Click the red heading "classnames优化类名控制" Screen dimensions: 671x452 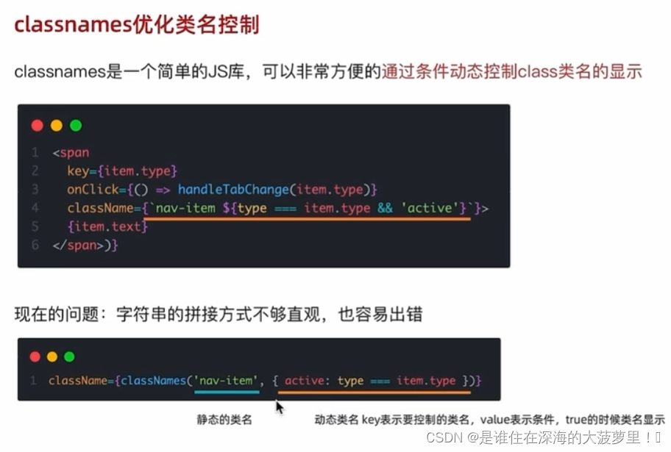pyautogui.click(x=137, y=25)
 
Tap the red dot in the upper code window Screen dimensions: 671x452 pyautogui.click(x=37, y=126)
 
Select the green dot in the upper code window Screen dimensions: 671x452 pyautogui.click(x=75, y=126)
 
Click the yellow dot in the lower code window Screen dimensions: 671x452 pyautogui.click(x=52, y=357)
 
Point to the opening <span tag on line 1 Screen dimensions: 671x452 pyautogui.click(x=71, y=153)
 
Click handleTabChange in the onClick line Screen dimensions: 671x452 pyautogui.click(x=232, y=190)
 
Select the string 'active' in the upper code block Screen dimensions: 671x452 pyautogui.click(x=430, y=208)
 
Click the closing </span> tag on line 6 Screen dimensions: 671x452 pyautogui.click(x=77, y=245)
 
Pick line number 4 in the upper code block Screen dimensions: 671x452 pyautogui.click(x=35, y=208)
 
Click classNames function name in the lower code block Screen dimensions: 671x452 pyautogui.click(x=153, y=380)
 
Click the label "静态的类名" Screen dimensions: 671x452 pyautogui.click(x=224, y=420)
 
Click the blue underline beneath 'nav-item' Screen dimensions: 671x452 pyautogui.click(x=227, y=392)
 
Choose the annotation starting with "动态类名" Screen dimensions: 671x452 pyautogui.click(x=489, y=420)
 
